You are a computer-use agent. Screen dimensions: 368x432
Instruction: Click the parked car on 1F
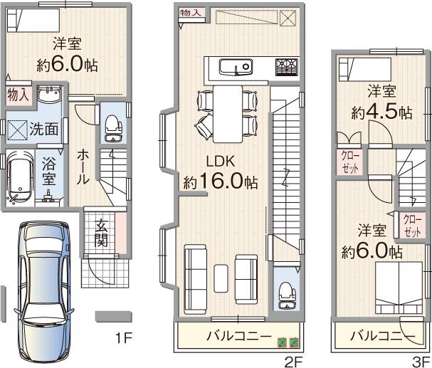point(43,291)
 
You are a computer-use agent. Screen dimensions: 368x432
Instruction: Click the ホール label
point(83,165)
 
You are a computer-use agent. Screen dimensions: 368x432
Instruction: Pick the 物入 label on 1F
point(18,94)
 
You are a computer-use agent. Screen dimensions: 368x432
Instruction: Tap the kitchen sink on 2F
point(233,68)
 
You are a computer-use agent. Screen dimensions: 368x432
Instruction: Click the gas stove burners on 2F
point(286,68)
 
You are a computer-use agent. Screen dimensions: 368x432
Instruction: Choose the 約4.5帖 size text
point(381,112)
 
